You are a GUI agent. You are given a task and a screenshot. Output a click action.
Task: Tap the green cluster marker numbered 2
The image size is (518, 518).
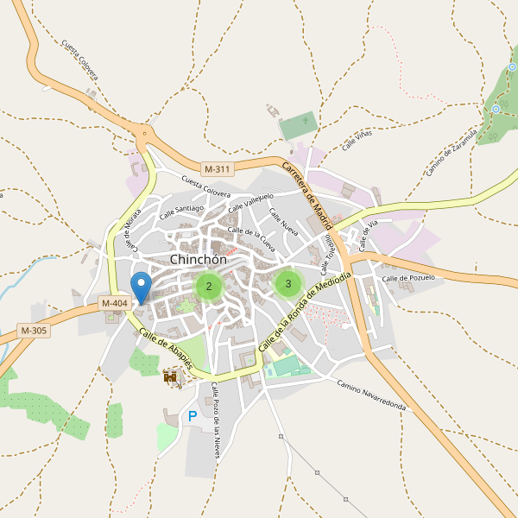(x=209, y=286)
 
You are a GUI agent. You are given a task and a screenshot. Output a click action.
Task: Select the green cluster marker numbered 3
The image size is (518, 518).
(x=287, y=283)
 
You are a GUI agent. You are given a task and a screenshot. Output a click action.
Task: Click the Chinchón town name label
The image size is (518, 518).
(x=199, y=259)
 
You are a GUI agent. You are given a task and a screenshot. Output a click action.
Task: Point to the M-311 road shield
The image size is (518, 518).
(x=218, y=168)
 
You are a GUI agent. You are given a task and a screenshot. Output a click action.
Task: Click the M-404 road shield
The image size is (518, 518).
(x=114, y=303)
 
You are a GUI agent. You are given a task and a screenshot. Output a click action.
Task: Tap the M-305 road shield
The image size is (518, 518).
(x=34, y=331)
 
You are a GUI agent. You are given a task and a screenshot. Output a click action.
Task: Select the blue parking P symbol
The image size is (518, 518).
(x=193, y=417)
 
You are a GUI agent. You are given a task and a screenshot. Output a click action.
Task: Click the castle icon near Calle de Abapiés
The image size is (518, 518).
(x=171, y=376)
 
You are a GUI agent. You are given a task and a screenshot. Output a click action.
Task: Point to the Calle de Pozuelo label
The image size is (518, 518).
(x=407, y=279)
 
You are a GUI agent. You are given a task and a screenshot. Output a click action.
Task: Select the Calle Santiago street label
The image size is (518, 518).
(x=180, y=210)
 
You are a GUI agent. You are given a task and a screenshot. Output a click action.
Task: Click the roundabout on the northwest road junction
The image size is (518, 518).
(x=143, y=132)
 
